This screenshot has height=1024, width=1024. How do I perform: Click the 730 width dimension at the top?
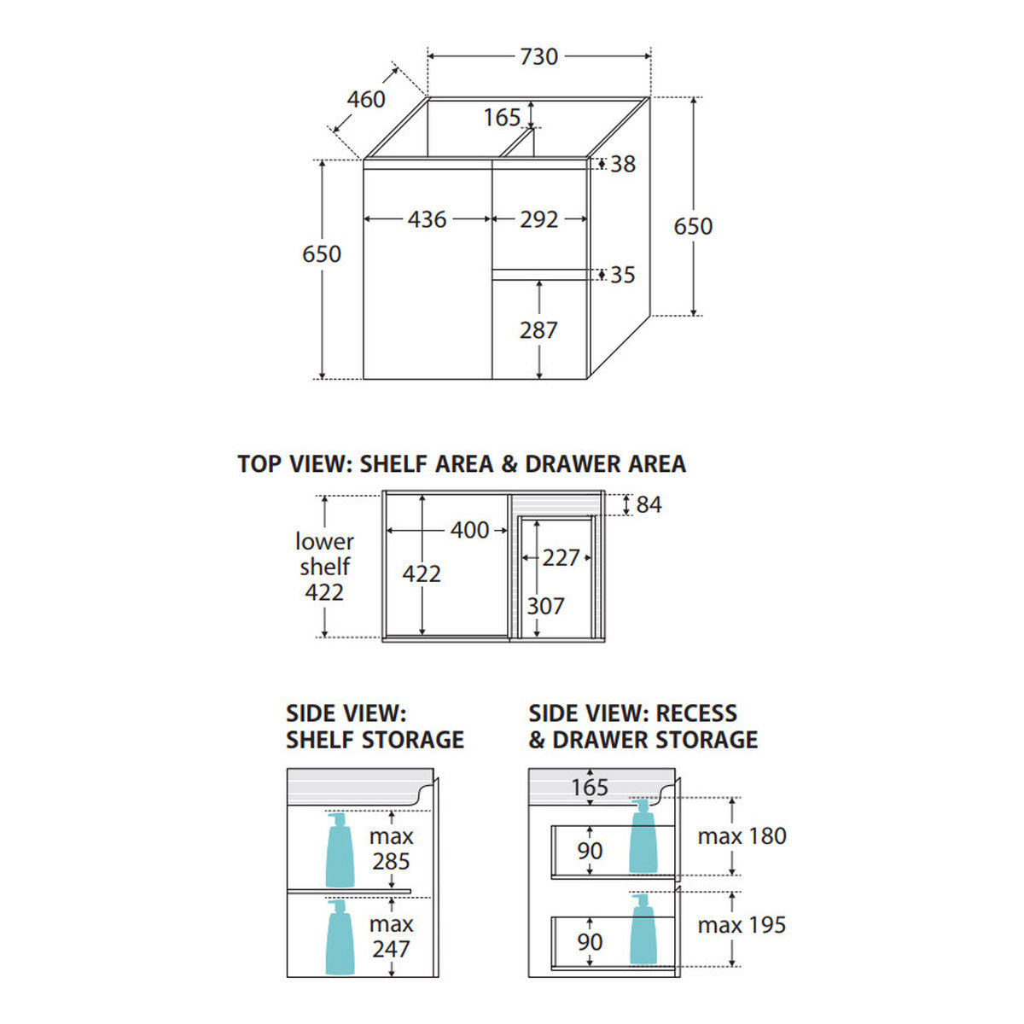[538, 56]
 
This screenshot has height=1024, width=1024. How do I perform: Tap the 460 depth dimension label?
[365, 99]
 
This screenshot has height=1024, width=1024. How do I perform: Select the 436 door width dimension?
[427, 219]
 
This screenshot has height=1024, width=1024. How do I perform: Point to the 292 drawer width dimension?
[538, 219]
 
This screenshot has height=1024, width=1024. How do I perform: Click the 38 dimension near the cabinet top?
[623, 164]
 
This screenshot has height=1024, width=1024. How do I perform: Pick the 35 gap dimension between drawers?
[623, 275]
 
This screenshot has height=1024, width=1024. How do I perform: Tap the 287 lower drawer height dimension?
[538, 330]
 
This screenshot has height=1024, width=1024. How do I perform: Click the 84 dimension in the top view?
[649, 504]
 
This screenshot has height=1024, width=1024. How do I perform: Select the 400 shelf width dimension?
[469, 530]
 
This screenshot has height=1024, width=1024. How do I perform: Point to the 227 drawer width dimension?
[561, 557]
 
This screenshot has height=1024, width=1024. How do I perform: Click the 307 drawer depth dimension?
[545, 606]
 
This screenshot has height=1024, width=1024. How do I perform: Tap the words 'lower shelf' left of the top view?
[324, 555]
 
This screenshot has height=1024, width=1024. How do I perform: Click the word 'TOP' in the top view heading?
[259, 464]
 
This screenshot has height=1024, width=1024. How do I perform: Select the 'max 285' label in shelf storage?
[391, 848]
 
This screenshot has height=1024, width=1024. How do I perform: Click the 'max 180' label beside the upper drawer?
[742, 836]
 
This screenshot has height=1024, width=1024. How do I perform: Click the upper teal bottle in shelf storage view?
[340, 850]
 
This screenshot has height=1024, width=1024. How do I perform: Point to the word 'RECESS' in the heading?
[696, 713]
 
